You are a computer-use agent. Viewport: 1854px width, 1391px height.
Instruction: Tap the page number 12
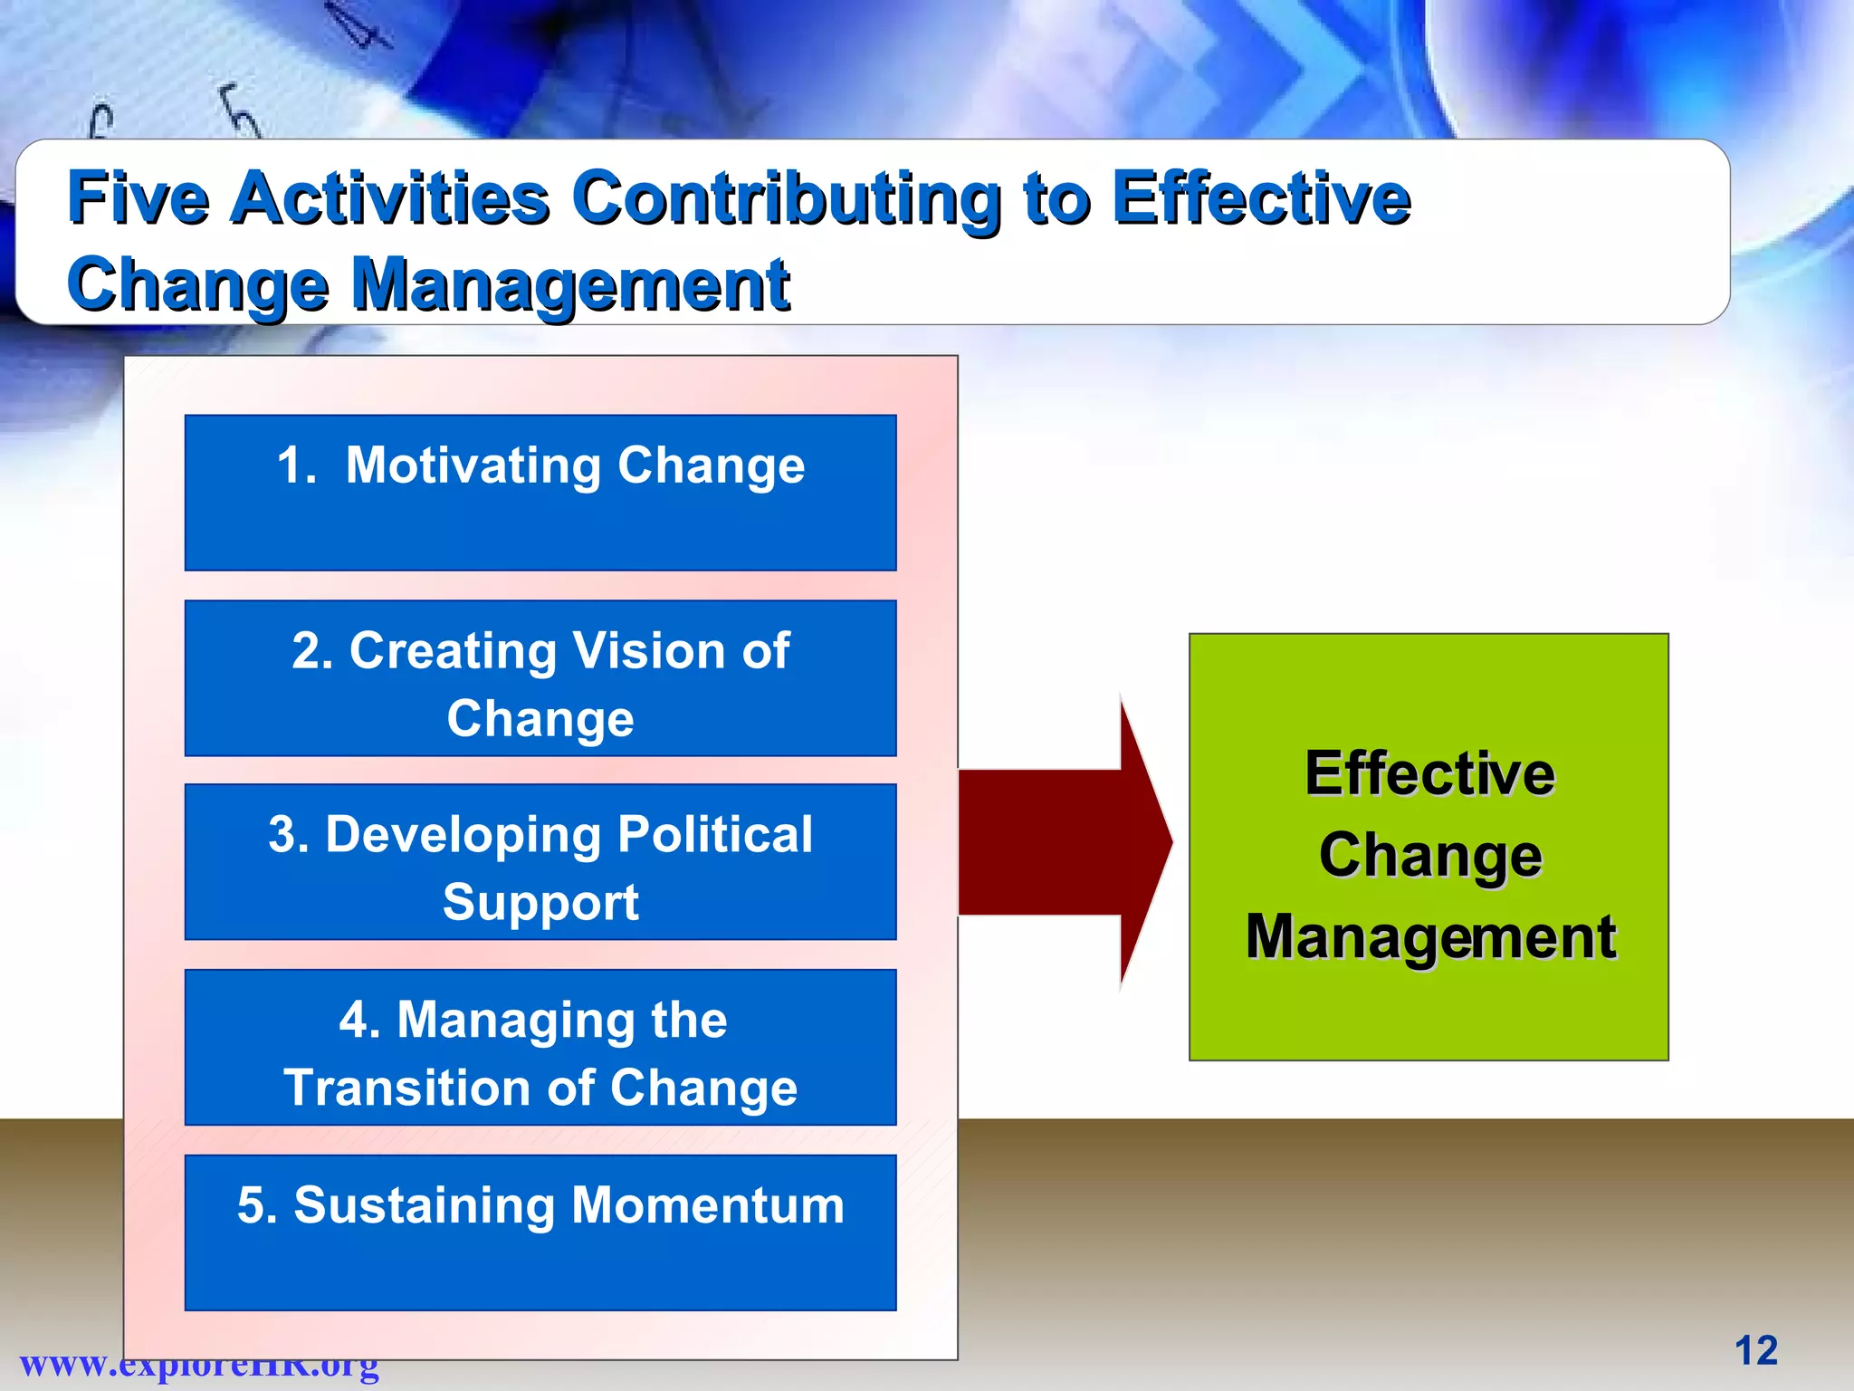tap(1755, 1350)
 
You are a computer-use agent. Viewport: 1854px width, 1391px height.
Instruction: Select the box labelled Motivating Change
tap(540, 493)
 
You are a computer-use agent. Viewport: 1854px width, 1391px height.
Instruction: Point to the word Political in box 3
tap(715, 834)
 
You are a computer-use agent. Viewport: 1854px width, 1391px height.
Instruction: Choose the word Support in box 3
tap(540, 902)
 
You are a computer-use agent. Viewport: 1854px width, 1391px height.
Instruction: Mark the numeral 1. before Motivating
tap(296, 465)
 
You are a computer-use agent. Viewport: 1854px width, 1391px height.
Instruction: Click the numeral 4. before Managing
tap(359, 1020)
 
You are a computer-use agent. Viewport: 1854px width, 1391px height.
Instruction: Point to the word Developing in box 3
tap(462, 834)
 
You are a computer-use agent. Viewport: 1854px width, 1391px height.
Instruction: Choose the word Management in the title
tap(570, 283)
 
